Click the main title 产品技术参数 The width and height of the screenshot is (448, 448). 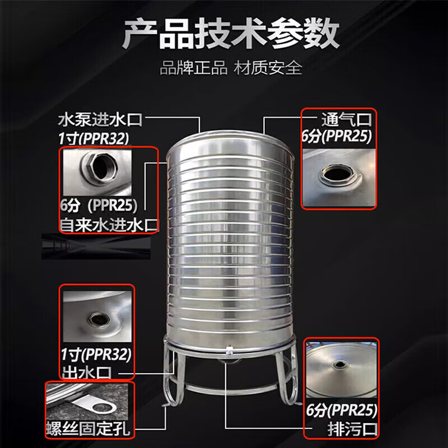[x=231, y=34]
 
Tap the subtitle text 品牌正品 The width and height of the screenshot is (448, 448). [x=193, y=68]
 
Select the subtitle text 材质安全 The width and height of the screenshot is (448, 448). [x=268, y=68]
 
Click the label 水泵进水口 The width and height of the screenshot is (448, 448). [x=100, y=120]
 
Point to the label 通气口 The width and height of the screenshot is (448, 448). [x=346, y=119]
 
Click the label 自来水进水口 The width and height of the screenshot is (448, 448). [x=109, y=225]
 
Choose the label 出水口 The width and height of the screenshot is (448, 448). [x=86, y=372]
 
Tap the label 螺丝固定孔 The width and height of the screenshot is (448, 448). [x=88, y=428]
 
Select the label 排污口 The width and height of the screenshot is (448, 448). [x=352, y=429]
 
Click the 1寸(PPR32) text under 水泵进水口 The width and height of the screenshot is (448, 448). [x=94, y=139]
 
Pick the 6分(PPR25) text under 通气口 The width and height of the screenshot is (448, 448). [x=337, y=136]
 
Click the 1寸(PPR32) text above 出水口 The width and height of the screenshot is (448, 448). [x=96, y=355]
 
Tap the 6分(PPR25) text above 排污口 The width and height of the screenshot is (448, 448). [x=341, y=410]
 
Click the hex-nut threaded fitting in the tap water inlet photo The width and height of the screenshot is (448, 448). [x=100, y=166]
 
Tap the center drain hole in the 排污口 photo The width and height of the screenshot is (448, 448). [x=340, y=365]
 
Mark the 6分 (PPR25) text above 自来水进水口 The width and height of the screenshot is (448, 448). [x=99, y=206]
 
